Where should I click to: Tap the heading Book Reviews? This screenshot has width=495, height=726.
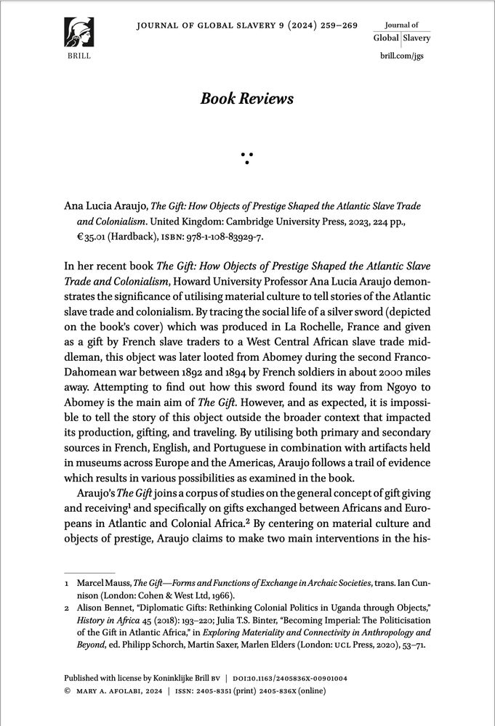tap(247, 99)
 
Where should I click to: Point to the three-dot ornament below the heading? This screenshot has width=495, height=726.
tap(247, 157)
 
